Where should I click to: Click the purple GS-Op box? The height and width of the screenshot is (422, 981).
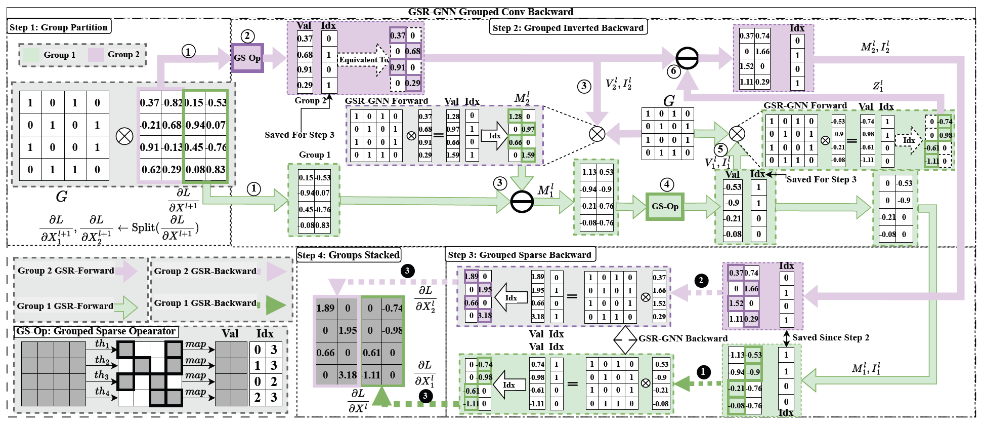247,58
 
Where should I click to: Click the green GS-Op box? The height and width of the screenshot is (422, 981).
665,206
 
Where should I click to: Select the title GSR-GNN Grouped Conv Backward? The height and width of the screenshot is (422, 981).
490,12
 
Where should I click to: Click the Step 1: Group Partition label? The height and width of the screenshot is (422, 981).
59,27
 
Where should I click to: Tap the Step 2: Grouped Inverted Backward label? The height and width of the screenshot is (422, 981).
568,28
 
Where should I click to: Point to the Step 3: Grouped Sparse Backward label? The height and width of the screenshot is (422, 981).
520,255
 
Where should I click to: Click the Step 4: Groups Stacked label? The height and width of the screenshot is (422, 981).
349,255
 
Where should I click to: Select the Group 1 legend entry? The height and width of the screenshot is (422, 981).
59,55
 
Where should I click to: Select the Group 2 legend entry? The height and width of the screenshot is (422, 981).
123,54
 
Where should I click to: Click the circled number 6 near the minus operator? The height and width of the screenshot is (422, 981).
673,71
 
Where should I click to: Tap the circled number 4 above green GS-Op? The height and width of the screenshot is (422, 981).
667,184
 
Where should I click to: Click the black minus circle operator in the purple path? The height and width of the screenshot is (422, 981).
687,58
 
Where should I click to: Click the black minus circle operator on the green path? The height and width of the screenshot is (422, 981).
522,202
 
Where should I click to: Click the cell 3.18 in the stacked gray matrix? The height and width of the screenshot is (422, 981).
348,375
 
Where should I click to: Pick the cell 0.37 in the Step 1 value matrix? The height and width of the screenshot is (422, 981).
150,102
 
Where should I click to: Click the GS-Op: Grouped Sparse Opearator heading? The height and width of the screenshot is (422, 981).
96,331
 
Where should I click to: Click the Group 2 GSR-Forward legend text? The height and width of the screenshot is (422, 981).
66,271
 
